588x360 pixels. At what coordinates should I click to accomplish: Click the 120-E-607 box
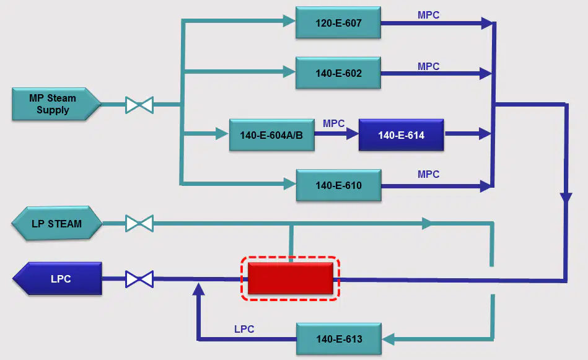tap(338, 22)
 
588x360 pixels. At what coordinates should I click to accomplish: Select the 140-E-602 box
tap(338, 72)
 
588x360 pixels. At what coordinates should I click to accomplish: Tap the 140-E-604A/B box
tap(272, 135)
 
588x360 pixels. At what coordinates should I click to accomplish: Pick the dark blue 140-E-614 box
tap(402, 135)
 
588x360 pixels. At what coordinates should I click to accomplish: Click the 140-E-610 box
tap(339, 185)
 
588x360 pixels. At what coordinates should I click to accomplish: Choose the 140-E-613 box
tap(339, 339)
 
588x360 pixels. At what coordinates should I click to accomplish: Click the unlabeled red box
tap(291, 278)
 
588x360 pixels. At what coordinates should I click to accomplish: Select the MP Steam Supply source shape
tap(56, 104)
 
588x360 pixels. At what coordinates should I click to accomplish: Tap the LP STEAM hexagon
tap(56, 224)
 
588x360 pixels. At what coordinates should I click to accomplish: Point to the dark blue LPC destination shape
tap(58, 279)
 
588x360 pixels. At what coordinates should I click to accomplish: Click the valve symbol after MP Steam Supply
tap(139, 105)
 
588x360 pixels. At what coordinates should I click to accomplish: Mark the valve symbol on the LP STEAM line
tap(139, 224)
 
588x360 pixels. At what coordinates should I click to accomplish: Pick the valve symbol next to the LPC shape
tap(139, 279)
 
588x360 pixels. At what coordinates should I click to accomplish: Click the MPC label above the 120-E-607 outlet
tap(428, 15)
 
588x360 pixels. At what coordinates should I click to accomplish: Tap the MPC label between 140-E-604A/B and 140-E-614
tap(333, 123)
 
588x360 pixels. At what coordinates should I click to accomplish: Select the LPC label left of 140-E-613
tap(244, 329)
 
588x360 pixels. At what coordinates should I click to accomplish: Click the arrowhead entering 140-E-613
tap(388, 339)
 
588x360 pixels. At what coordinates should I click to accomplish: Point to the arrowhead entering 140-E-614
tap(352, 133)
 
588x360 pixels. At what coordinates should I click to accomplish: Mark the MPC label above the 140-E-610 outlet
tap(428, 174)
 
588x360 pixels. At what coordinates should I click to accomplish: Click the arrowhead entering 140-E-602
tap(289, 71)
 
